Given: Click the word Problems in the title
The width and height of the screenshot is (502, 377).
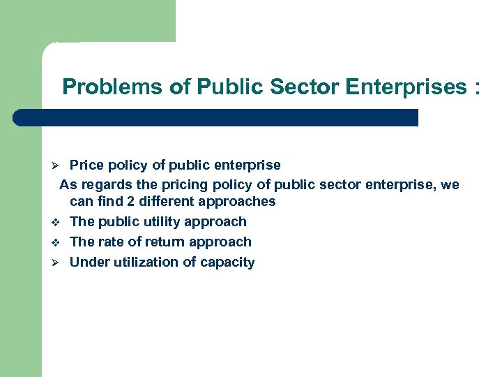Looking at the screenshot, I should pos(102,87).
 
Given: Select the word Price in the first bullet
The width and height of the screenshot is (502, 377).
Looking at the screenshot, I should pos(84,165).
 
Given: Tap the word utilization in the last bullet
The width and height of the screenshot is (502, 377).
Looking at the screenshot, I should pos(148,263).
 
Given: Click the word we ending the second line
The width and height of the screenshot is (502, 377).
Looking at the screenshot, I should pos(450,186).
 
